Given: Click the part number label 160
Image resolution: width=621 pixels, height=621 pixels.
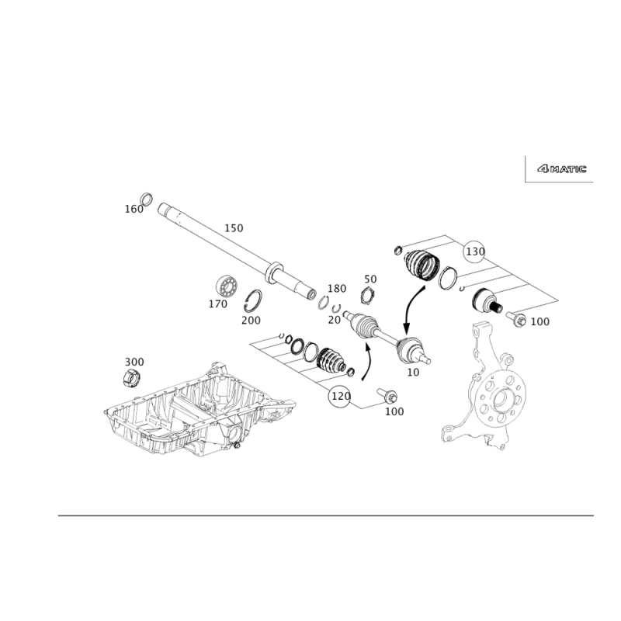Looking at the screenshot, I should (134, 210).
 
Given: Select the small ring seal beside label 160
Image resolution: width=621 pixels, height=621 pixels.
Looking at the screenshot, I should (145, 196).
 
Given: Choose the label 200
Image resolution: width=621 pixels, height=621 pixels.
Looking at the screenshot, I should (251, 319).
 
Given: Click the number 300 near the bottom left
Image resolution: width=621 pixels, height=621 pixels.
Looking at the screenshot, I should (134, 363).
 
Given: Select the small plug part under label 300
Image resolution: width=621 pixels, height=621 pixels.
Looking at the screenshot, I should (132, 377).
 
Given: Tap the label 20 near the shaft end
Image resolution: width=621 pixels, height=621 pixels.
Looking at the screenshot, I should (335, 319).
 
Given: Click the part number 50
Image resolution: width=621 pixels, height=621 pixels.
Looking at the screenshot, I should (370, 279).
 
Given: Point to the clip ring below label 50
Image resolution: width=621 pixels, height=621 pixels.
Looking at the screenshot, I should (369, 295).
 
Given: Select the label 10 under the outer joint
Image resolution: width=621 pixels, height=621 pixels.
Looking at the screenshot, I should (412, 372).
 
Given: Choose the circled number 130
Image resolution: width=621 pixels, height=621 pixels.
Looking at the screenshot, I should (475, 252).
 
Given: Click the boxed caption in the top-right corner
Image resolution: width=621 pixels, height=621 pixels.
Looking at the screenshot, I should (560, 168).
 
